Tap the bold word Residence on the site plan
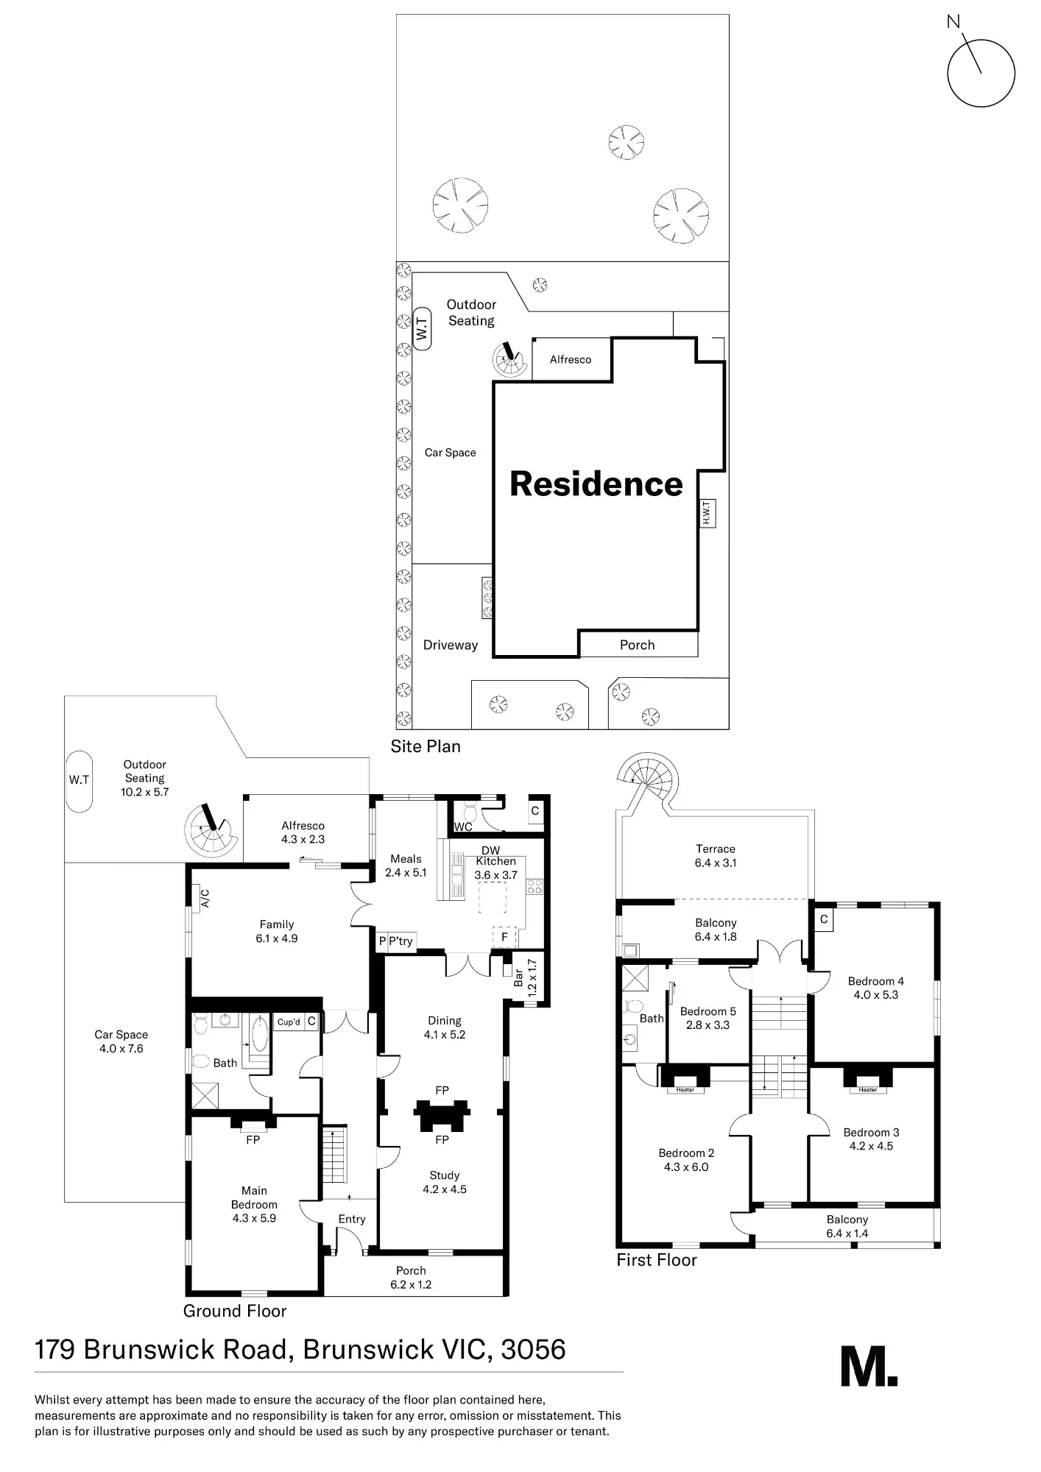(596, 484)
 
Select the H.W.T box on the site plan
(707, 513)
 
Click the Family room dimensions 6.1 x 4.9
(277, 938)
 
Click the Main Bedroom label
(254, 1197)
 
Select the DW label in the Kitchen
(490, 850)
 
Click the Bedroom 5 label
(707, 1011)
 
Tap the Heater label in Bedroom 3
(867, 1090)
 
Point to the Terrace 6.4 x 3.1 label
(716, 856)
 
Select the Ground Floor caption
(235, 1311)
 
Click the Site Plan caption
(426, 746)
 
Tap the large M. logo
(869, 1367)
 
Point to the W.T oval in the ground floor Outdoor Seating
(79, 780)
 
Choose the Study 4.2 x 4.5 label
(445, 1182)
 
